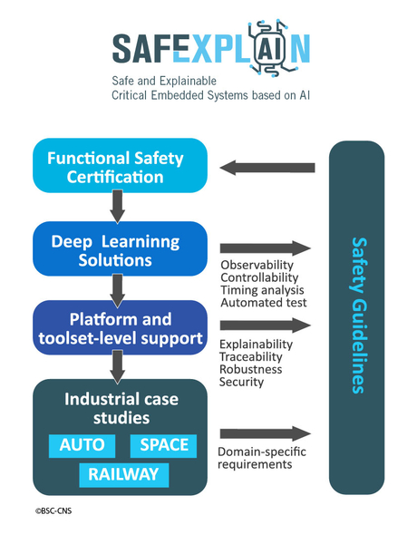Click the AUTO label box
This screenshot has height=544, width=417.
pos(82,446)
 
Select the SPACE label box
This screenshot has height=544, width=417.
pos(163,446)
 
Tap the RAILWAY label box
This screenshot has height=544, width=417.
pos(124,475)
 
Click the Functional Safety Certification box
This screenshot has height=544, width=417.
pos(120,166)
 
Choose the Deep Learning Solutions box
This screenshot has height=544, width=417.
pos(120,248)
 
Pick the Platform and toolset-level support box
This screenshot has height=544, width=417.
pos(120,327)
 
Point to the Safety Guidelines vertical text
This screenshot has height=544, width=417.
pos(359,316)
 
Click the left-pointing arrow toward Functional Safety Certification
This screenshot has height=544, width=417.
pos(267,168)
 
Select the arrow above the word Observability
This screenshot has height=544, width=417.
pos(265,248)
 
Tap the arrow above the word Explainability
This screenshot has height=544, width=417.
pos(265,325)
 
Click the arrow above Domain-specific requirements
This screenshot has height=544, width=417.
pos(265,433)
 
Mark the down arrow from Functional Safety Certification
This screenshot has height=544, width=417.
pos(118,207)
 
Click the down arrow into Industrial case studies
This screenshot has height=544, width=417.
pos(118,366)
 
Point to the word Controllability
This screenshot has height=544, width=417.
pos(259,277)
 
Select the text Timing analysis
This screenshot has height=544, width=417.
pos(262,290)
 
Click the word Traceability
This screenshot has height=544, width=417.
pos(251,356)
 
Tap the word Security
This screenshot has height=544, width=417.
pos(241,382)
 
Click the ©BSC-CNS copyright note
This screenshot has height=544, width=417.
pos(53,510)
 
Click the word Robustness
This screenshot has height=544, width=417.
pos(251,369)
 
